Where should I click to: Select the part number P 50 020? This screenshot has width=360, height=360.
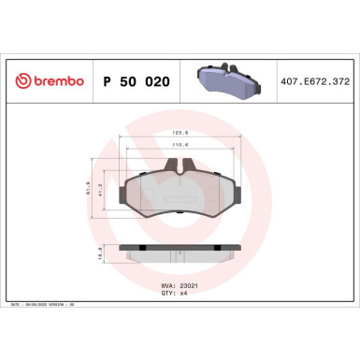(135, 80)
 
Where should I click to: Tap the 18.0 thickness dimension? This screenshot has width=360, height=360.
(101, 252)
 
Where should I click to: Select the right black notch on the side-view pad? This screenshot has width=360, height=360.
(218, 247)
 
